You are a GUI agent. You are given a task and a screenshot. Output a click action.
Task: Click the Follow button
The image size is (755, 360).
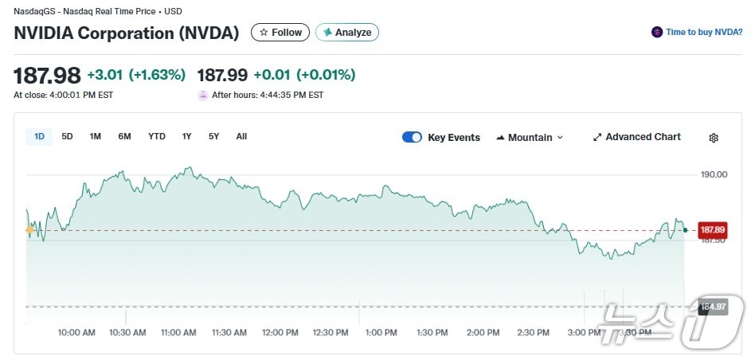[280, 33]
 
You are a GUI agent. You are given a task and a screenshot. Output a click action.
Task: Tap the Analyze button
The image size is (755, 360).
[347, 33]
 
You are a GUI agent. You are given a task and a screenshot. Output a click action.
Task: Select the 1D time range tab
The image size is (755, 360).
[39, 136]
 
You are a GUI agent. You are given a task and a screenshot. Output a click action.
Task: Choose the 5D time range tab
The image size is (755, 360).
[67, 136]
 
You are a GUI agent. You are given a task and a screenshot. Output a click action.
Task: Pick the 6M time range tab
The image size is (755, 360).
[124, 136]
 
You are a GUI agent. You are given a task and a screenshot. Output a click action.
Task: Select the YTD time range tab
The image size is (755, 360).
[157, 136]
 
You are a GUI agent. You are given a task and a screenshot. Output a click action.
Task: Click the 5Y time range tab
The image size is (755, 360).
[213, 136]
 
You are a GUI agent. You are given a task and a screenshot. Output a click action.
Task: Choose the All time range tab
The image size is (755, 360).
[241, 136]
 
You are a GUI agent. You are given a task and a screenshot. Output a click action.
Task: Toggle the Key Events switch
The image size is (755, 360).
[412, 137]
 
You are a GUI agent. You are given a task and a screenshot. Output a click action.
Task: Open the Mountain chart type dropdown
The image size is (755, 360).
[530, 137]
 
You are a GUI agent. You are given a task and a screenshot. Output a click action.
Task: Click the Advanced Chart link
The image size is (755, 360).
[636, 137]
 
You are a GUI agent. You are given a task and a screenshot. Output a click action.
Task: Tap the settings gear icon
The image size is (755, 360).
[714, 138]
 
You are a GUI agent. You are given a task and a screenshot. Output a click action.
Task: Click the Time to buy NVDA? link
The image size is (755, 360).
[698, 33]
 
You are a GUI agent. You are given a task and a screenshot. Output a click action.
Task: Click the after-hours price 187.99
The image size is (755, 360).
[222, 75]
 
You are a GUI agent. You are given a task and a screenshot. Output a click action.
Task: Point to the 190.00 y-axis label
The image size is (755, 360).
[713, 174]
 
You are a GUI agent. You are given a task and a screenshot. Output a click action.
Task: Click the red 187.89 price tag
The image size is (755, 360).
[712, 230]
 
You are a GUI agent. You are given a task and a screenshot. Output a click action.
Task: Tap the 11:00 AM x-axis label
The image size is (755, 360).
[178, 332]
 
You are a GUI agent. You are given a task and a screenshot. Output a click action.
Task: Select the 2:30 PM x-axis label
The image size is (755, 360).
[533, 332]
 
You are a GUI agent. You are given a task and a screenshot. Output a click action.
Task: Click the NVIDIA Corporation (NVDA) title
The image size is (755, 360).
[127, 33]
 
